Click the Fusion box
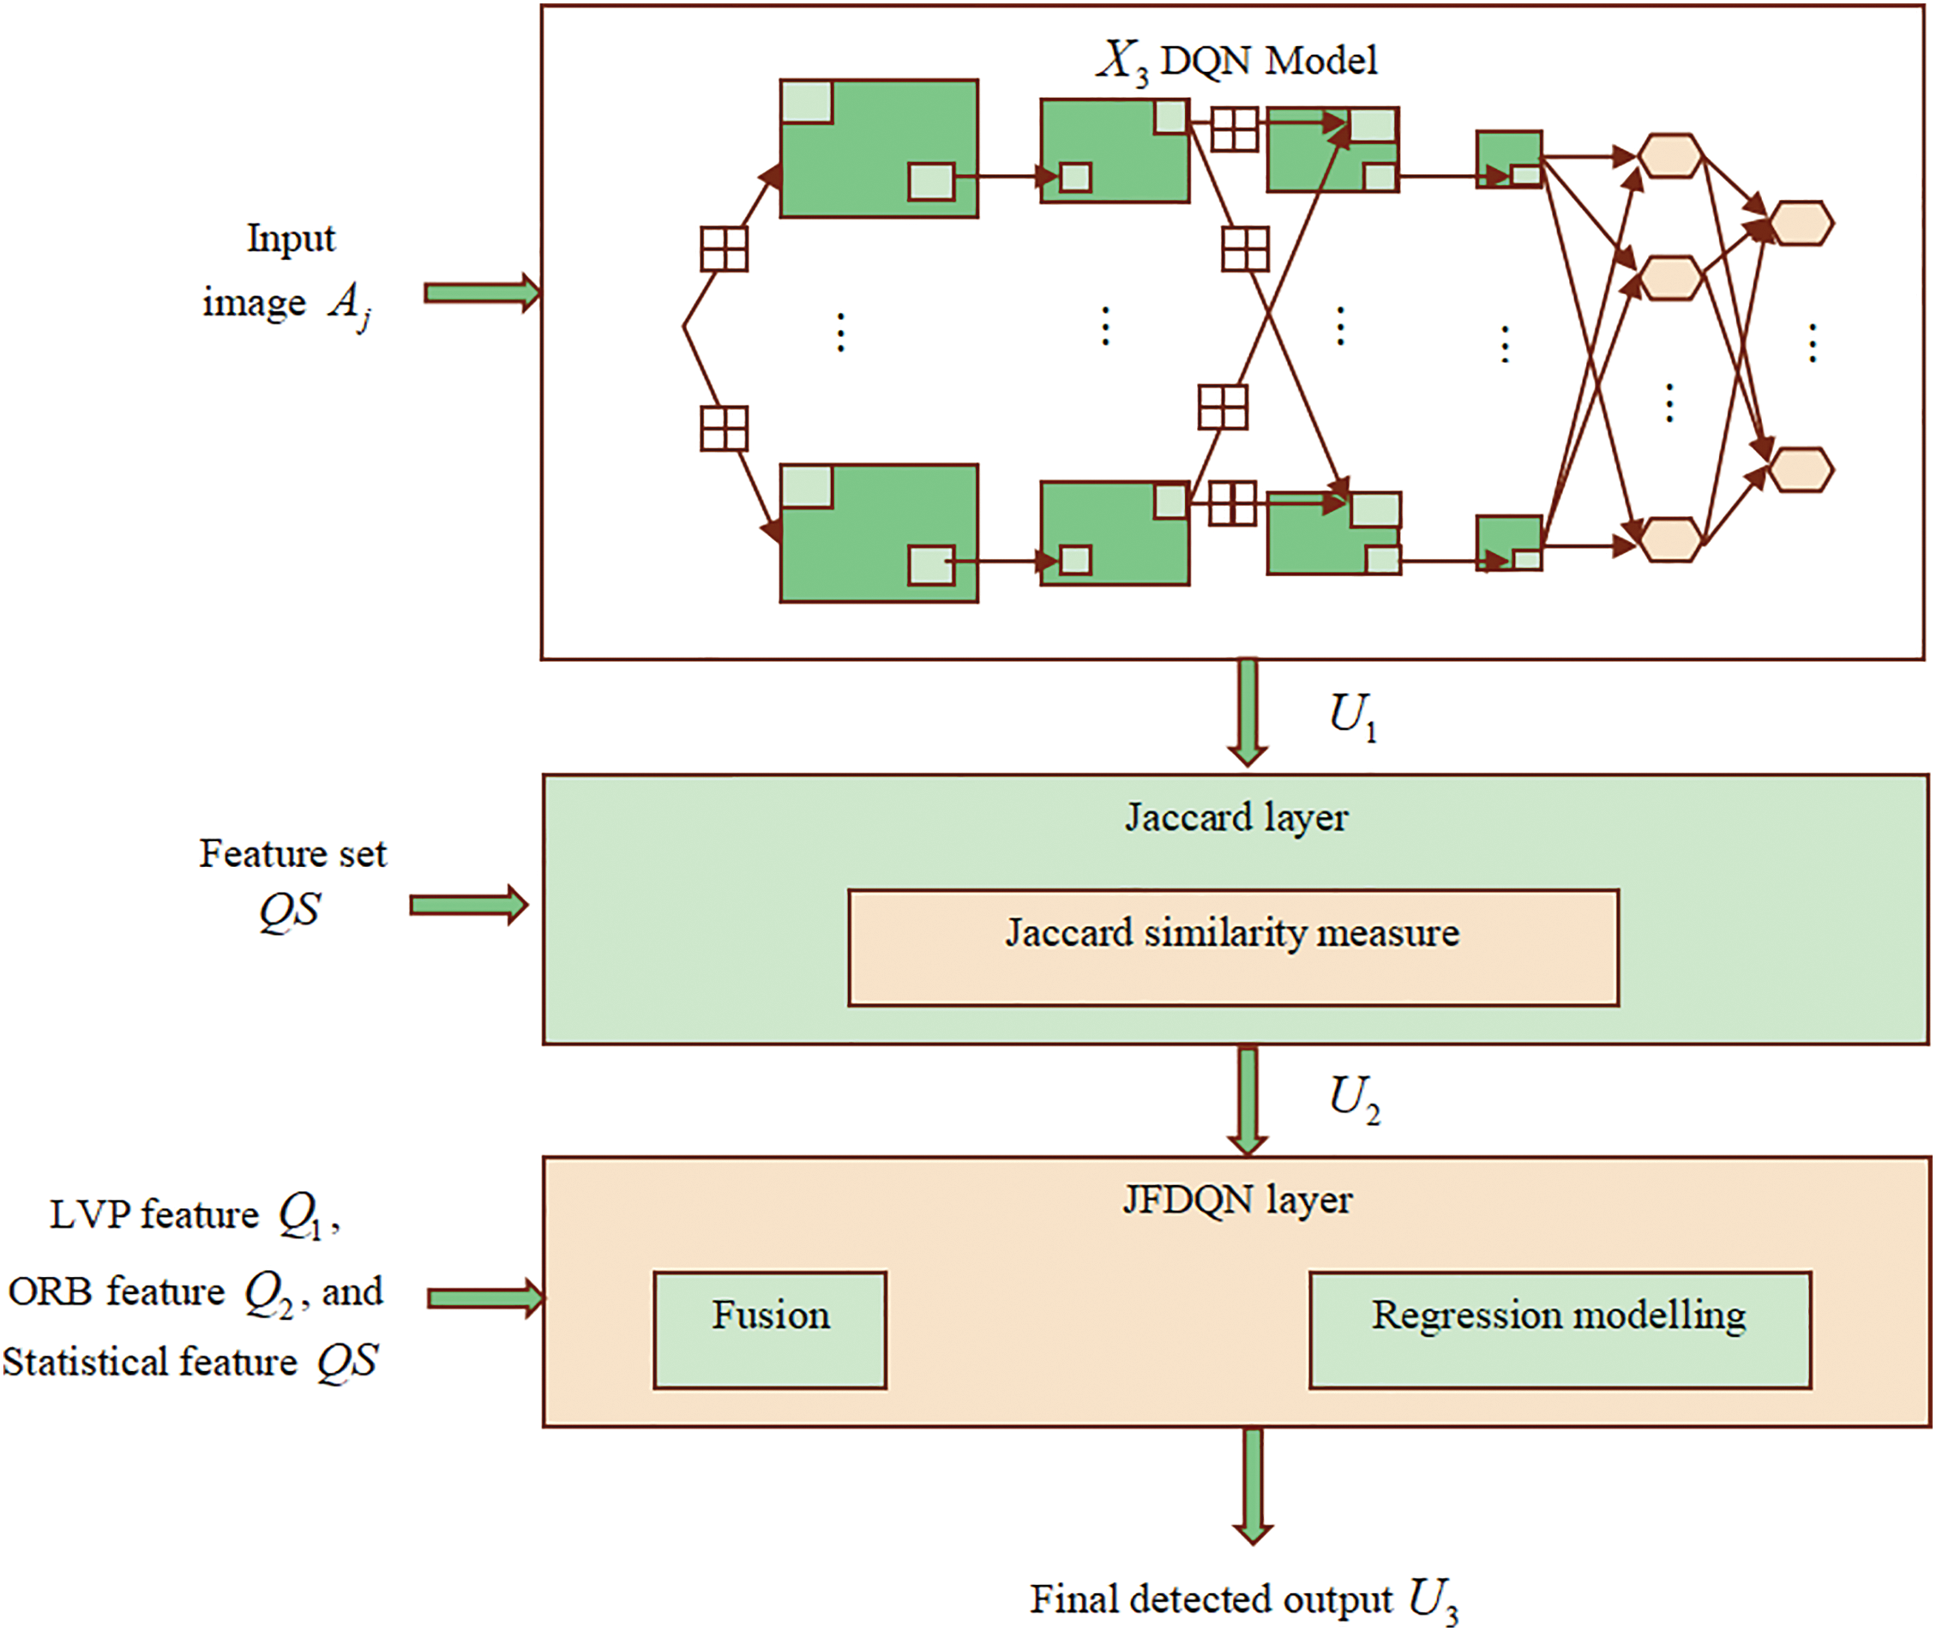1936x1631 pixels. pyautogui.click(x=769, y=1329)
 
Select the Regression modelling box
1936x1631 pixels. pyautogui.click(x=1560, y=1329)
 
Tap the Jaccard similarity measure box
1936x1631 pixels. pyautogui.click(x=1233, y=948)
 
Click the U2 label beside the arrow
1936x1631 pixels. pyautogui.click(x=1355, y=1100)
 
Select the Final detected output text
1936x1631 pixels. pyautogui.click(x=1212, y=1598)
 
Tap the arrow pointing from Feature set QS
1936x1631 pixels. pyautogui.click(x=470, y=905)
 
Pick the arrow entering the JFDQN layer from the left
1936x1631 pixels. pyautogui.click(x=486, y=1298)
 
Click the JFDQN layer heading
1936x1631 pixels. pyautogui.click(x=1237, y=1201)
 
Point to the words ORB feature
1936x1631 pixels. pyautogui.click(x=117, y=1291)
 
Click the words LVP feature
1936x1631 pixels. pyautogui.click(x=154, y=1214)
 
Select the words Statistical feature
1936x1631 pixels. pyautogui.click(x=150, y=1362)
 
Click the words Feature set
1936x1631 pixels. pyautogui.click(x=293, y=853)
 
